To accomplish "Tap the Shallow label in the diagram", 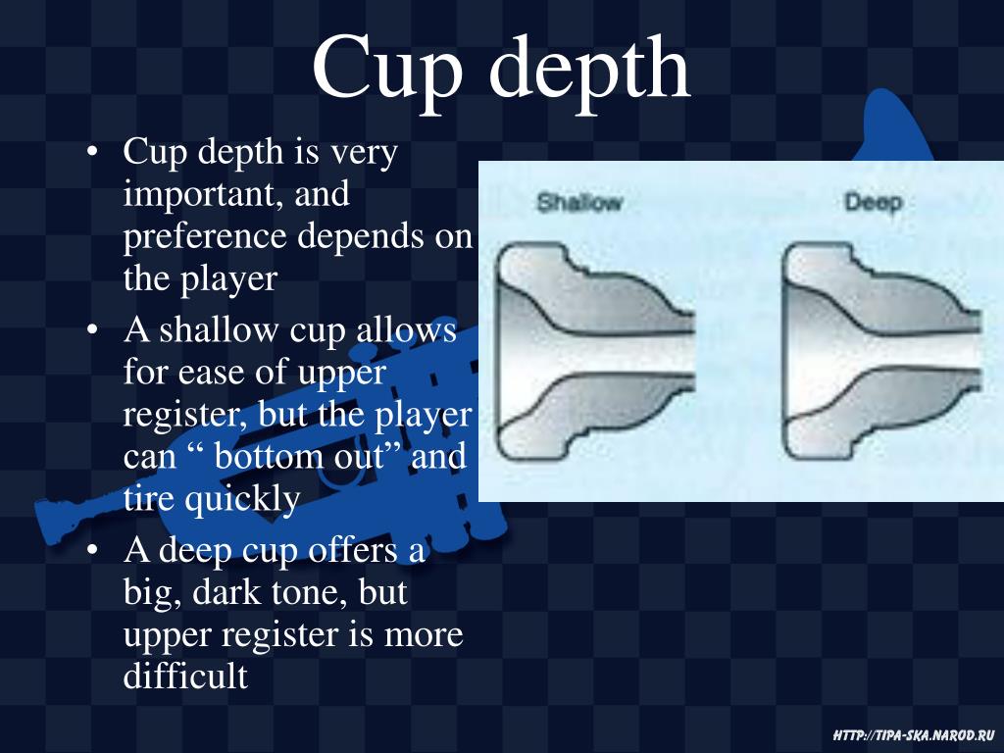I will [x=579, y=203].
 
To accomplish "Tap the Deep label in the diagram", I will [x=873, y=203].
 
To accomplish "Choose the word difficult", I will [x=185, y=677].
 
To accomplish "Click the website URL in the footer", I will [x=913, y=734].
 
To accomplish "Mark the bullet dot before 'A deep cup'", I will [x=91, y=551].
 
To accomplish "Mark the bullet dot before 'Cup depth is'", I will [x=91, y=153].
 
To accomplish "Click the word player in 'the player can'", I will [x=425, y=415].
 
